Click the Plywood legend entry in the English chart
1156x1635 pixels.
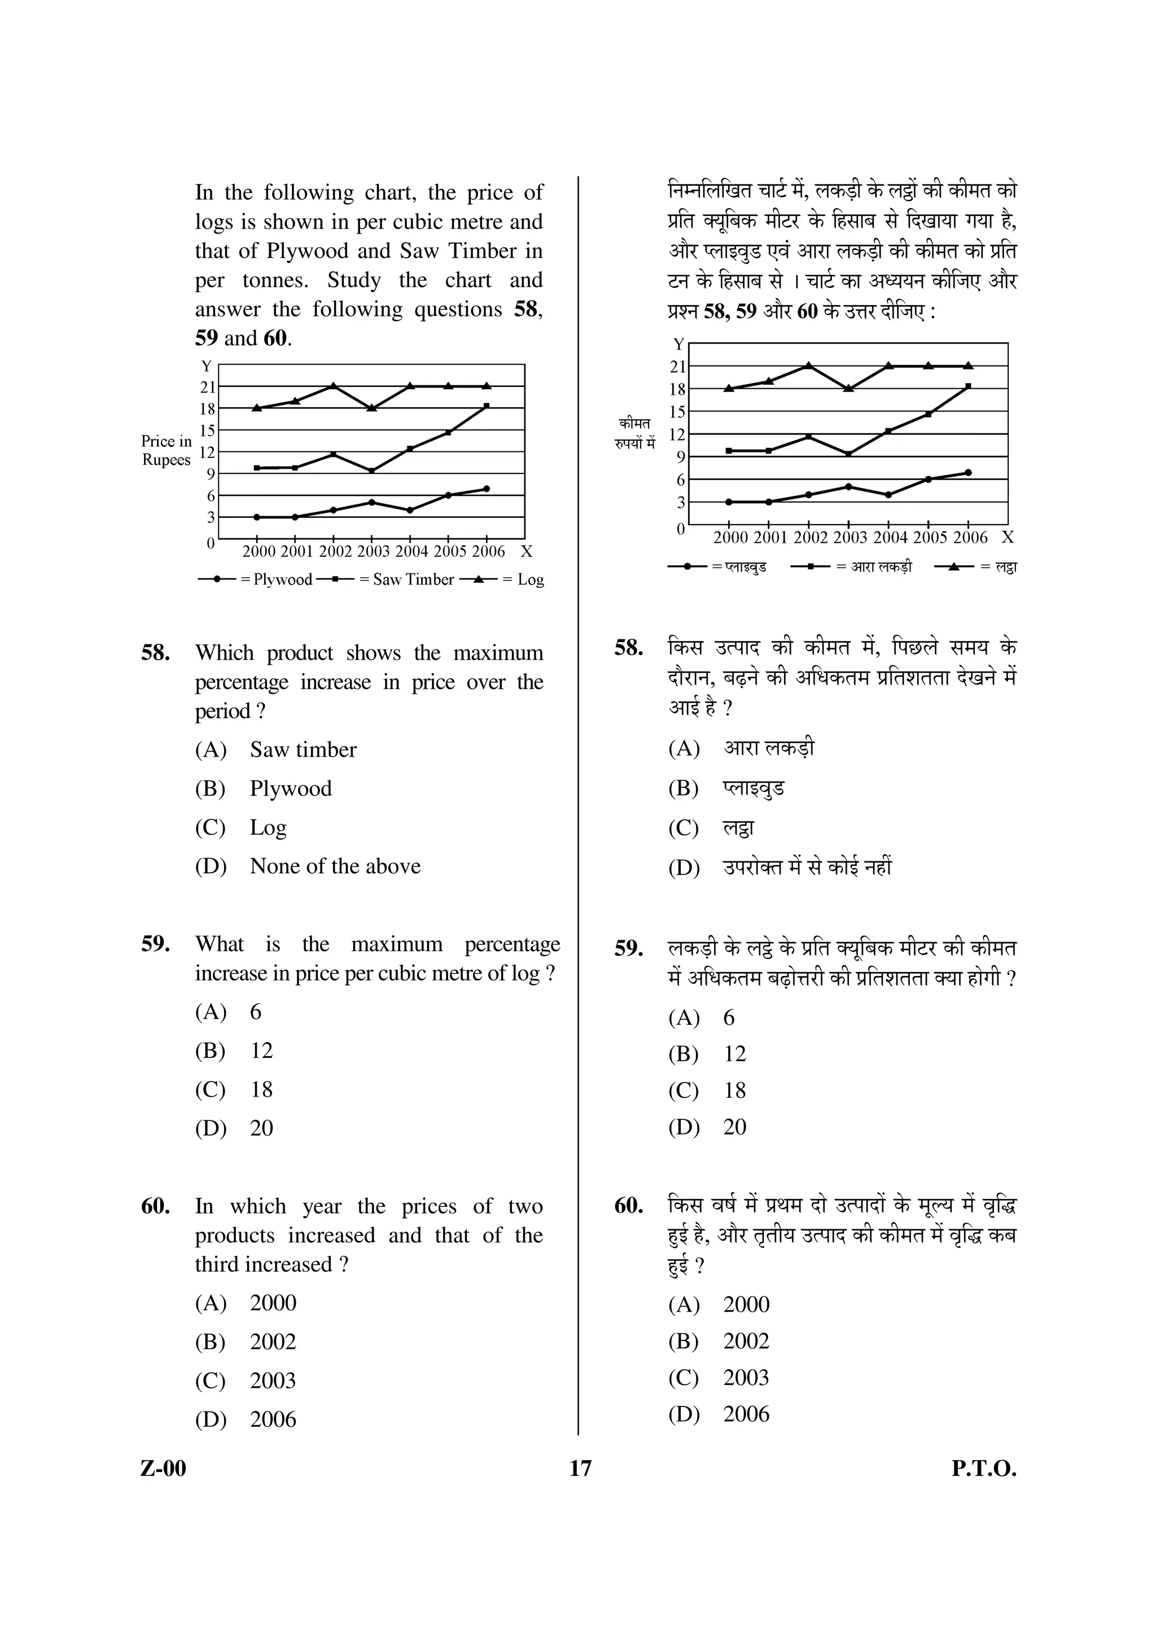(256, 579)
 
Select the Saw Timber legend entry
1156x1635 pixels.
(384, 579)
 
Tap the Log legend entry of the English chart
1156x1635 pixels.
(502, 579)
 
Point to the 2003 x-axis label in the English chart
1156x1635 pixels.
(373, 551)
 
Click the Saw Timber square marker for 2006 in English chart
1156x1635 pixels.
(487, 406)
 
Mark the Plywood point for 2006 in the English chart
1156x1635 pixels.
(487, 489)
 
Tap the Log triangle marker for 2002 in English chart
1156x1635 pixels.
(334, 386)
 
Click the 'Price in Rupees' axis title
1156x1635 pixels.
(166, 450)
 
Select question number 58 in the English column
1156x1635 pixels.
(155, 653)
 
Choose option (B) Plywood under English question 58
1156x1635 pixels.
(291, 788)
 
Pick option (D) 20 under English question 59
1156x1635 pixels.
(261, 1128)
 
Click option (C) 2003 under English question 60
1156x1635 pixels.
(272, 1380)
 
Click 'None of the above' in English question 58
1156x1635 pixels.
(335, 866)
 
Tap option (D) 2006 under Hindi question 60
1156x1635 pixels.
(746, 1413)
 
